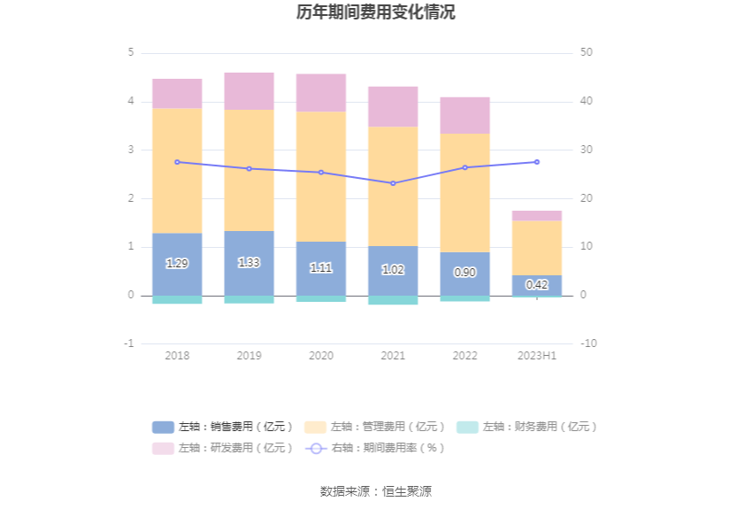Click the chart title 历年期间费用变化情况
pos(376,12)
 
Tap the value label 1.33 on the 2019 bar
pos(249,263)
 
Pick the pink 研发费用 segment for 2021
pos(393,106)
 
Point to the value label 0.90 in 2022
pos(464,273)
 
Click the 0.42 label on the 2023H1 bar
pos(537,285)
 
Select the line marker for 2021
pos(393,183)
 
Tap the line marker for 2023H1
pos(537,162)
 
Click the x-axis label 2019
pos(249,356)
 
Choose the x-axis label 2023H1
pos(537,356)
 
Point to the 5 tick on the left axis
pos(131,53)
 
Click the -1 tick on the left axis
pos(129,343)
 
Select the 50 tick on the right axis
pos(587,53)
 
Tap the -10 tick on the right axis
pos(588,343)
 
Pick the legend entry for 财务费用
pos(527,427)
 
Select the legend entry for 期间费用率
pos(375,448)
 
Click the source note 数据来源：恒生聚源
pos(376,491)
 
